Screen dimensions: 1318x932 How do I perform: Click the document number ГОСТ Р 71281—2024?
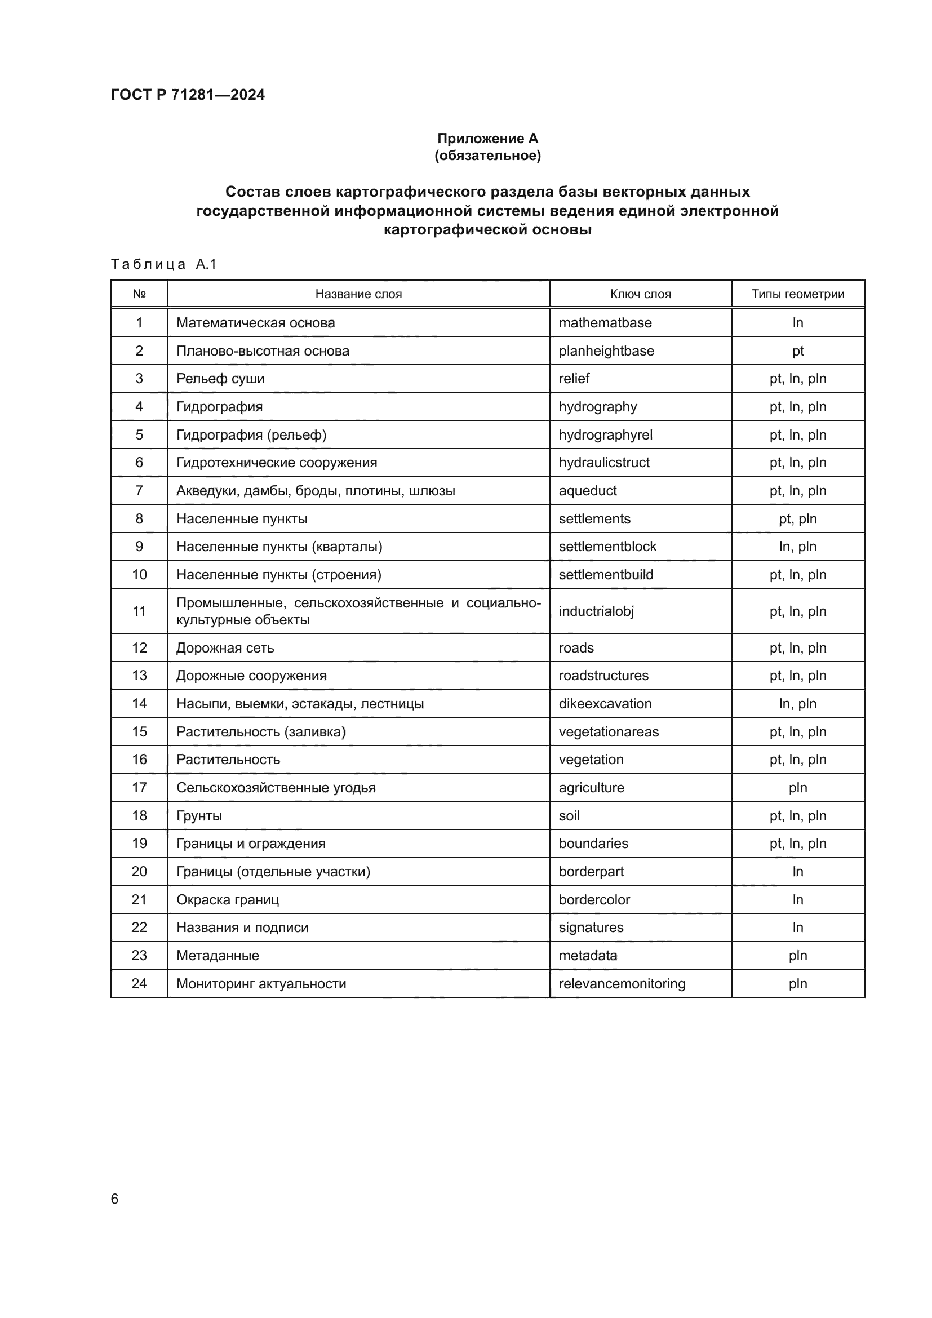[188, 95]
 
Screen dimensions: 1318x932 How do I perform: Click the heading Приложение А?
[487, 139]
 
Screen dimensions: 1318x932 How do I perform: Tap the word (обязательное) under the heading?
[487, 156]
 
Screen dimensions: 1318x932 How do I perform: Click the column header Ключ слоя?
[641, 294]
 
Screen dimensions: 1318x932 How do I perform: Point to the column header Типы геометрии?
[798, 294]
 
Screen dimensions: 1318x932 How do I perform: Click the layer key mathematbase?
[605, 323]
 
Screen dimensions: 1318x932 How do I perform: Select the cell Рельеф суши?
[220, 378]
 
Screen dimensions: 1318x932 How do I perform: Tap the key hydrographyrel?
[605, 434]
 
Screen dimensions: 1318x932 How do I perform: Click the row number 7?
[139, 490]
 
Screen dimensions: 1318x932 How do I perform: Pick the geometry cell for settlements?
[798, 518]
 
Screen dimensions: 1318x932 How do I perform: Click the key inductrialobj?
[596, 611]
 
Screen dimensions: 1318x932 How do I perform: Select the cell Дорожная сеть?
[225, 647]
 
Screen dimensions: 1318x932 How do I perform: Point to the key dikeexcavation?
[605, 703]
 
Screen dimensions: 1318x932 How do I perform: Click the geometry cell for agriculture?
[798, 787]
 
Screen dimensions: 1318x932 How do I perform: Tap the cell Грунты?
[199, 815]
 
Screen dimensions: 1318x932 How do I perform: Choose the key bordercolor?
[594, 899]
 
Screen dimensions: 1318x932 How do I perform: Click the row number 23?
[139, 955]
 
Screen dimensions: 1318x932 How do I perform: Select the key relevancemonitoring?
[622, 983]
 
